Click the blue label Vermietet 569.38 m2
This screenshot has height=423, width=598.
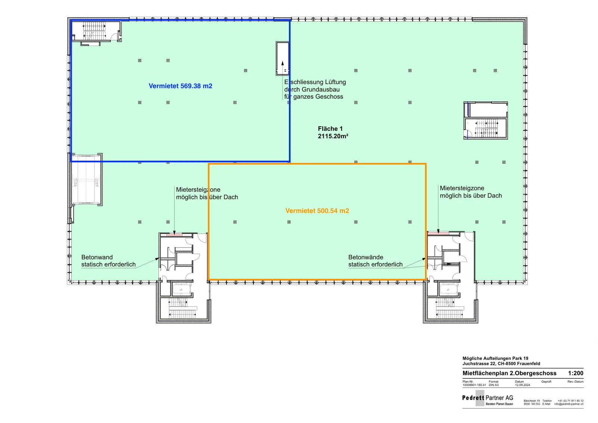pos(181,86)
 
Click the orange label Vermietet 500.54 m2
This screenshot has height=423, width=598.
pos(317,211)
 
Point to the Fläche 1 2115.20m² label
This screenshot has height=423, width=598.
pos(333,132)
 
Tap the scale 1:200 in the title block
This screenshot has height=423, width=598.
pos(576,373)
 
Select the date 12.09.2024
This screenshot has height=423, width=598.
pos(523,385)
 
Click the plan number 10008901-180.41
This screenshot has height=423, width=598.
pos(474,385)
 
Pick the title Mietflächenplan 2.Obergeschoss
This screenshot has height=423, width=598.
pos(509,373)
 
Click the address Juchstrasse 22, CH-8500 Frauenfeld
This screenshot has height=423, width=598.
pos(501,364)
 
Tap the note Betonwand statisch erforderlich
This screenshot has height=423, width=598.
pos(108,261)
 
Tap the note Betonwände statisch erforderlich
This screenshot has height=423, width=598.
pos(375,261)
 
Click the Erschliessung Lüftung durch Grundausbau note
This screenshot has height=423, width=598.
pos(315,89)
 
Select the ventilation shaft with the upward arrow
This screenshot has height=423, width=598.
pos(283,58)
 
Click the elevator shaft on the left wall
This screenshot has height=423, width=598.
pos(86,179)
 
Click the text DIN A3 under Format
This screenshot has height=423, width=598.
pos(494,385)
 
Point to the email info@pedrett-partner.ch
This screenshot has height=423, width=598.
pos(569,404)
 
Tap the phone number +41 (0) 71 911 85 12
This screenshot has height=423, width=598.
pos(570,401)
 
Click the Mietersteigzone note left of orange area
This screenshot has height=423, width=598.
pos(207,194)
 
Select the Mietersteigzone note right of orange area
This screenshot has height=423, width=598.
pos(471,192)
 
